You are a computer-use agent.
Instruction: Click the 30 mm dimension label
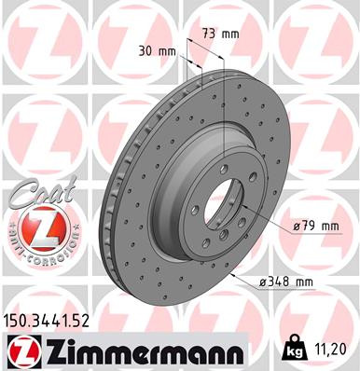[157, 50]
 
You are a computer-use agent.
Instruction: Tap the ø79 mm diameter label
[315, 225]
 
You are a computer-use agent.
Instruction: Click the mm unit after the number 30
[167, 50]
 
